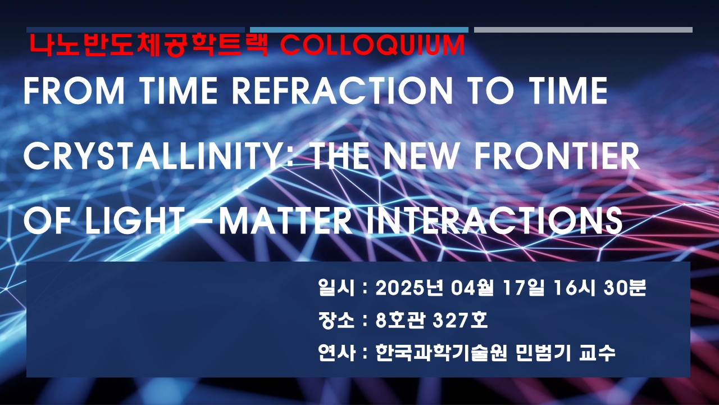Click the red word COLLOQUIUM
click(x=372, y=46)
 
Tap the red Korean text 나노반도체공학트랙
click(x=149, y=46)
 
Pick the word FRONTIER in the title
click(x=557, y=156)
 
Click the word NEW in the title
click(x=421, y=156)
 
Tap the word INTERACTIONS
click(x=495, y=221)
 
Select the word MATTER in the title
click(x=286, y=221)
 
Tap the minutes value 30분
click(x=625, y=287)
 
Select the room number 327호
click(x=460, y=321)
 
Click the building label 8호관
click(x=401, y=321)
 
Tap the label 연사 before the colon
click(x=336, y=353)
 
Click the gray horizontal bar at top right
click(x=583, y=30)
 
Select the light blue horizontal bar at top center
click(x=359, y=30)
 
